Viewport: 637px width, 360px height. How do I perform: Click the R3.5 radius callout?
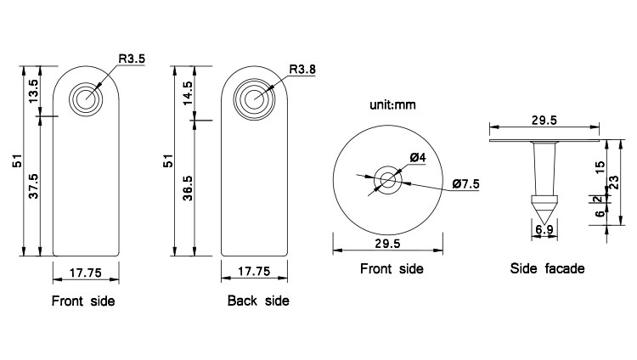click(x=132, y=59)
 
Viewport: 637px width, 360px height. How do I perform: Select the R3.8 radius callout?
click(x=302, y=69)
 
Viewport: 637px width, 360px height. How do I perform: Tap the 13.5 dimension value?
click(x=33, y=91)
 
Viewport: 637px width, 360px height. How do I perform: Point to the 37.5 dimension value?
click(x=33, y=186)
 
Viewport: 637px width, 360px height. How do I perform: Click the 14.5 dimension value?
click(x=188, y=93)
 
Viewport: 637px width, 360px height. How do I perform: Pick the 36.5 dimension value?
click(x=188, y=188)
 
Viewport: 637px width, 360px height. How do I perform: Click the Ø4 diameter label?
click(x=418, y=157)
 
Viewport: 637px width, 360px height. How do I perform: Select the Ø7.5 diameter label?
click(x=466, y=183)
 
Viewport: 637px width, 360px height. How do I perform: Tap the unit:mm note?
click(x=392, y=104)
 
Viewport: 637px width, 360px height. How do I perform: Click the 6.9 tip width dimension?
click(x=544, y=229)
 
